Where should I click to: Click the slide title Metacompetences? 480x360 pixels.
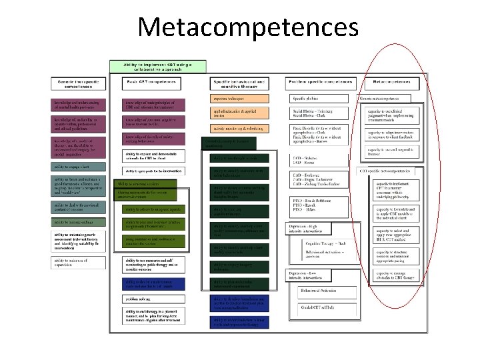[247, 27]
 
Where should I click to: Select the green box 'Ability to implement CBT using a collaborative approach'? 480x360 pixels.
[157, 66]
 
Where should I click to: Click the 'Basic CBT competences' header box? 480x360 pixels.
[151, 83]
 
